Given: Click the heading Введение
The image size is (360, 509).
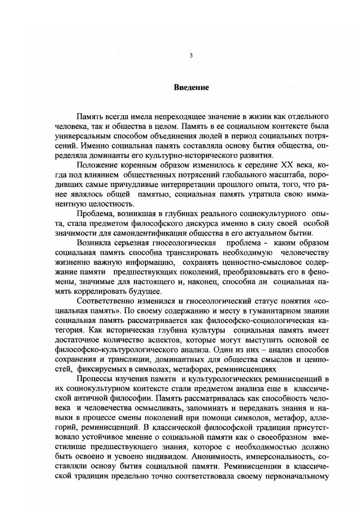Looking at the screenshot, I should [191, 88].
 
